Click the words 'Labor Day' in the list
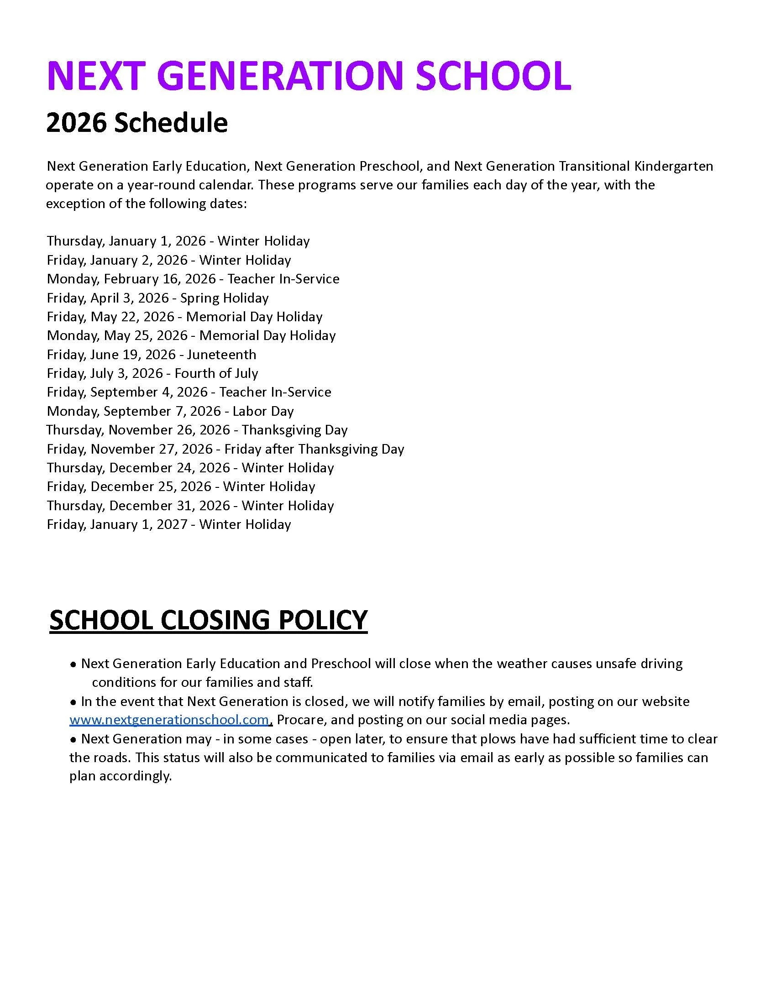coord(263,411)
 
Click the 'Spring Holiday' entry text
coord(224,298)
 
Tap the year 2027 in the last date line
coord(172,524)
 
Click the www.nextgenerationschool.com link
coord(169,720)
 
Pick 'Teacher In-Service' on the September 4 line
coord(275,392)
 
